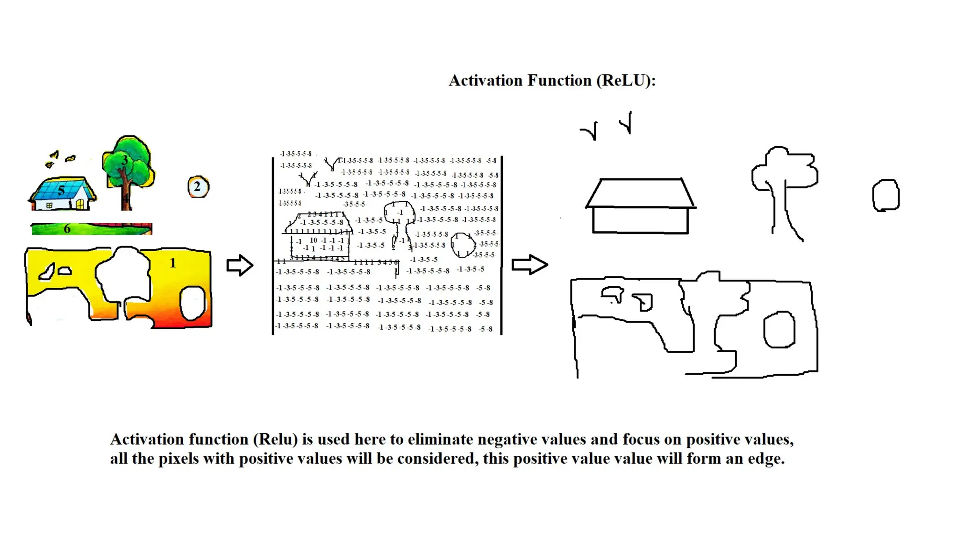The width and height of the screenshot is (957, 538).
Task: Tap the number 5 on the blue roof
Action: tap(61, 191)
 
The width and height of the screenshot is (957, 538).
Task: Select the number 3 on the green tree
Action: tap(124, 161)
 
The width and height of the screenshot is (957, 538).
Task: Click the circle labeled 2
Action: tap(198, 187)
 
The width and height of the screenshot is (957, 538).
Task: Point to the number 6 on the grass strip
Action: tap(67, 229)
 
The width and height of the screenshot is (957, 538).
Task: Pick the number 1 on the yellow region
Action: tap(173, 263)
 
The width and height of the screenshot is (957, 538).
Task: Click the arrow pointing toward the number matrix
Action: tap(240, 265)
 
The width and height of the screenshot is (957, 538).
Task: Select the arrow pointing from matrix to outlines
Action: tap(529, 265)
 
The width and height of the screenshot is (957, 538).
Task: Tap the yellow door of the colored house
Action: tap(80, 204)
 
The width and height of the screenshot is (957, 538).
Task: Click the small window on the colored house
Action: tap(49, 205)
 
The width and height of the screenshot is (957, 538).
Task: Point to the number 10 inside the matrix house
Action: tap(314, 240)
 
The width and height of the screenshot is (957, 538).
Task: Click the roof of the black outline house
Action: tap(641, 192)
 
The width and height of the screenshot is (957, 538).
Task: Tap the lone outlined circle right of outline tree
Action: tap(886, 195)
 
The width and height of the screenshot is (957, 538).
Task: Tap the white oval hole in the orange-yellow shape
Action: tap(192, 303)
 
